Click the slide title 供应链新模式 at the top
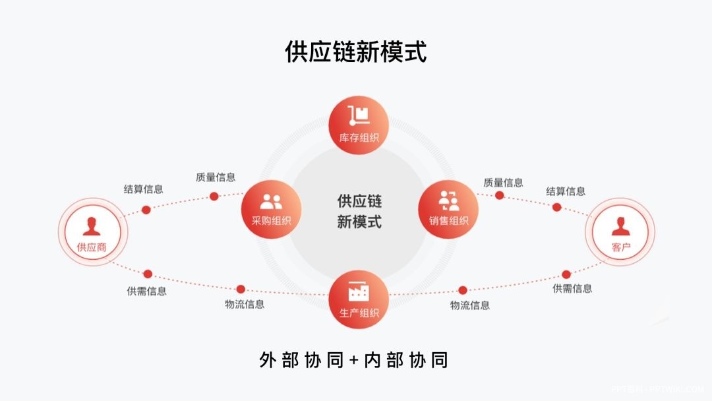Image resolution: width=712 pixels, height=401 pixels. [x=356, y=51]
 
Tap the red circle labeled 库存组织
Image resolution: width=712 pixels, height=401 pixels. [x=359, y=125]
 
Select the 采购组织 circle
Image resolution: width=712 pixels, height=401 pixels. [x=271, y=209]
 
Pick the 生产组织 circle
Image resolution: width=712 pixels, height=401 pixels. [x=359, y=299]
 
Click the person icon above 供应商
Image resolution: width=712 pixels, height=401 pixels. [x=92, y=226]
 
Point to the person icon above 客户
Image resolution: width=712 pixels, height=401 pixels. [x=620, y=226]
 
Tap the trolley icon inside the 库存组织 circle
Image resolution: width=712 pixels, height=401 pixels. [x=359, y=115]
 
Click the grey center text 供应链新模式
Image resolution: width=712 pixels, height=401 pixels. [x=359, y=211]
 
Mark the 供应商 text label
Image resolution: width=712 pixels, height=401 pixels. [x=92, y=248]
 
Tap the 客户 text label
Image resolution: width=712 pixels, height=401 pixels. [x=620, y=248]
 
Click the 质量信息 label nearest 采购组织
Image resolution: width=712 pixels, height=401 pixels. [x=216, y=177]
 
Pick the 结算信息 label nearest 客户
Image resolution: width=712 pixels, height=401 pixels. [x=566, y=191]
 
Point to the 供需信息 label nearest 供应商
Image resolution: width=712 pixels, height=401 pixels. [x=146, y=291]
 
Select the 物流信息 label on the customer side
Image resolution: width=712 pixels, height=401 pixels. [x=470, y=305]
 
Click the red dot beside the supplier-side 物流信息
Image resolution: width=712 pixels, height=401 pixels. [x=241, y=289]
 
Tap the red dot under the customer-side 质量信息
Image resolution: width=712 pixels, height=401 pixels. [x=500, y=195]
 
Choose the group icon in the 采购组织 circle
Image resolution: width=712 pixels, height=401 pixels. [x=271, y=202]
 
